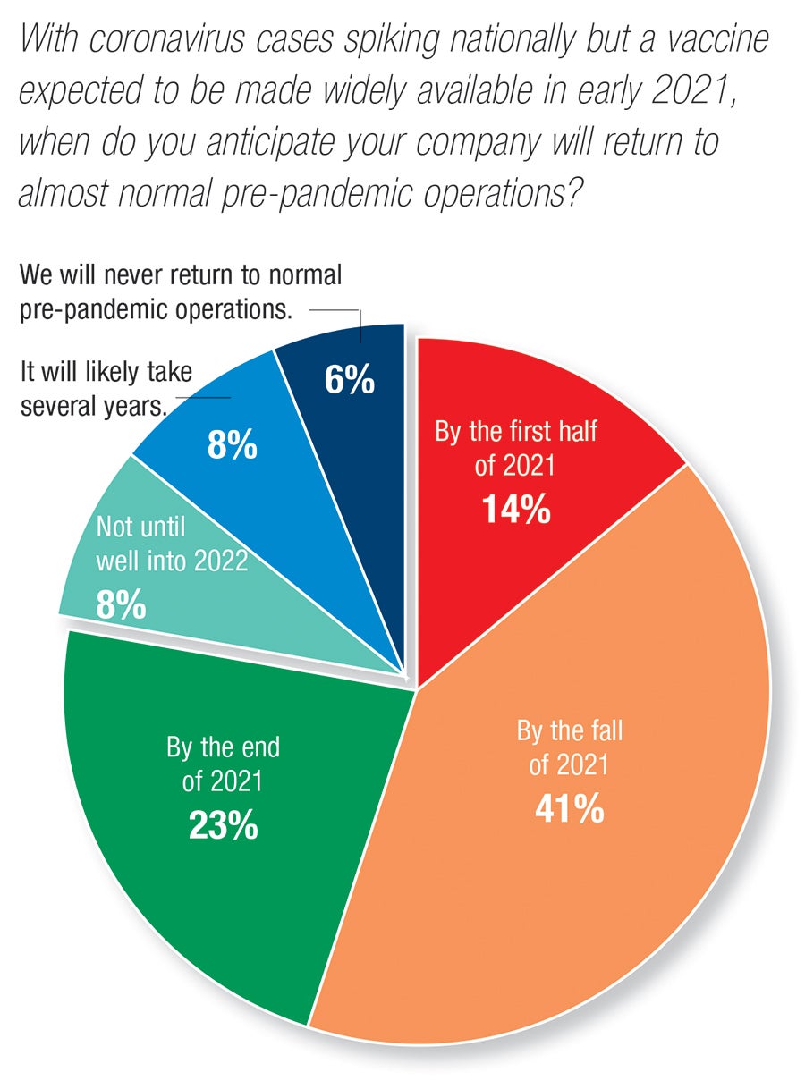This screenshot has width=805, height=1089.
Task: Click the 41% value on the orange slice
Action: (x=569, y=809)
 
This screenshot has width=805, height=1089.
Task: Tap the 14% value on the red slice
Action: (x=515, y=509)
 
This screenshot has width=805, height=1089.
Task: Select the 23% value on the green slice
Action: (x=223, y=825)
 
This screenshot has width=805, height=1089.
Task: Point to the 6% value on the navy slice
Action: (x=349, y=381)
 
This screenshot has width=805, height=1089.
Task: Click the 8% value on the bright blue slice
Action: (x=232, y=444)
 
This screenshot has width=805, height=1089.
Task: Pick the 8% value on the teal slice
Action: (x=120, y=605)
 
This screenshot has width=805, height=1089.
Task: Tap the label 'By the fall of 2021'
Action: (x=569, y=747)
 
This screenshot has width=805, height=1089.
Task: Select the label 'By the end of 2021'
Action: (x=223, y=764)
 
